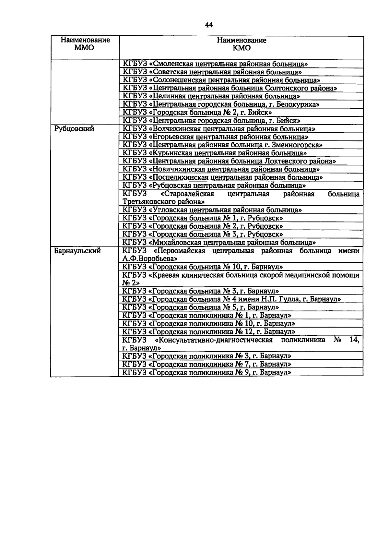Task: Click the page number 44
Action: [x=209, y=25]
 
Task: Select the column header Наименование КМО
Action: [x=242, y=44]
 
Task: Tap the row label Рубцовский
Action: [x=74, y=129]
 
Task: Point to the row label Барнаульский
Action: [x=77, y=251]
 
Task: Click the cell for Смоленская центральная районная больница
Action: [x=215, y=64]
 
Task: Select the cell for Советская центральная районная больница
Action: [x=214, y=72]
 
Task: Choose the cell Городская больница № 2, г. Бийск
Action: [x=197, y=113]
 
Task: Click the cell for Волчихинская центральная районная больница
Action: [x=219, y=129]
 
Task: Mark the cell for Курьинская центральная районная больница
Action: [x=215, y=153]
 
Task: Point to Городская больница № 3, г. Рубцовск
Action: [x=203, y=234]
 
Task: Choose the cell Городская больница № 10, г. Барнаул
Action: [x=203, y=267]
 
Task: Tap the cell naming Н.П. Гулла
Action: [x=231, y=299]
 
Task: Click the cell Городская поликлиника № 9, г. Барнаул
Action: [x=207, y=372]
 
